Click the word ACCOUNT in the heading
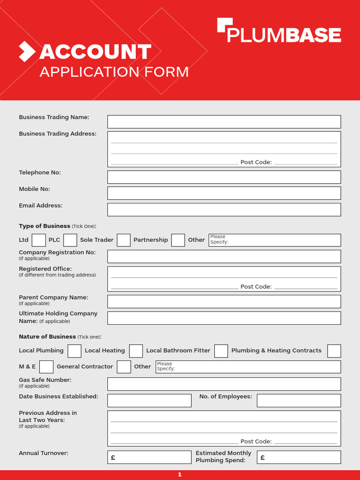click(95, 52)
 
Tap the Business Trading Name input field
click(224, 122)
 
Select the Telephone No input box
click(224, 177)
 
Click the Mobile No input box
click(224, 193)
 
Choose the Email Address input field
click(224, 210)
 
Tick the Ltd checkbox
click(39, 240)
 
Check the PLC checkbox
click(70, 240)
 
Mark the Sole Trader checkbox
click(124, 240)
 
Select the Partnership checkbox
click(178, 240)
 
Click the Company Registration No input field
click(224, 256)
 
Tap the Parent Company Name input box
click(224, 301)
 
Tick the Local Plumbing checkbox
click(75, 351)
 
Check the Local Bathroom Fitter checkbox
click(221, 351)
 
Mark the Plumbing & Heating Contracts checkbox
click(334, 351)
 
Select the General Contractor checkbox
click(124, 367)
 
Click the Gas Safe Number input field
click(224, 384)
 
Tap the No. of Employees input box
click(299, 400)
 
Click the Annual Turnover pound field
click(150, 457)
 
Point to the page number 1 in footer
click(180, 475)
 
